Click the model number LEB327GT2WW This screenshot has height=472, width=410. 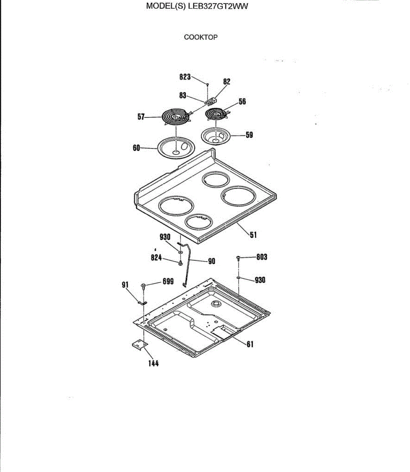[218, 6]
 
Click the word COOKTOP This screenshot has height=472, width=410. [201, 37]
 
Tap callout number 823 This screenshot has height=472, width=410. [185, 77]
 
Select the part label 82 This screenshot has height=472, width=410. [227, 81]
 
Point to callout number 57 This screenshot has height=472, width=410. [141, 117]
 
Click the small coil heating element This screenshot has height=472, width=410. [216, 114]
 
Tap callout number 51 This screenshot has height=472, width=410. [253, 235]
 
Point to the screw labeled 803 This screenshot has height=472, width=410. [238, 258]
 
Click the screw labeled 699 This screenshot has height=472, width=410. [144, 286]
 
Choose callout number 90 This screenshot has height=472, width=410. [212, 261]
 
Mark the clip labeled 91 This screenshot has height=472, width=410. [142, 303]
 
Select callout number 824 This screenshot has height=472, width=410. [157, 258]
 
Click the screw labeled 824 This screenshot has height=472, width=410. [181, 263]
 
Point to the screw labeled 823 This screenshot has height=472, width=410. [207, 85]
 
